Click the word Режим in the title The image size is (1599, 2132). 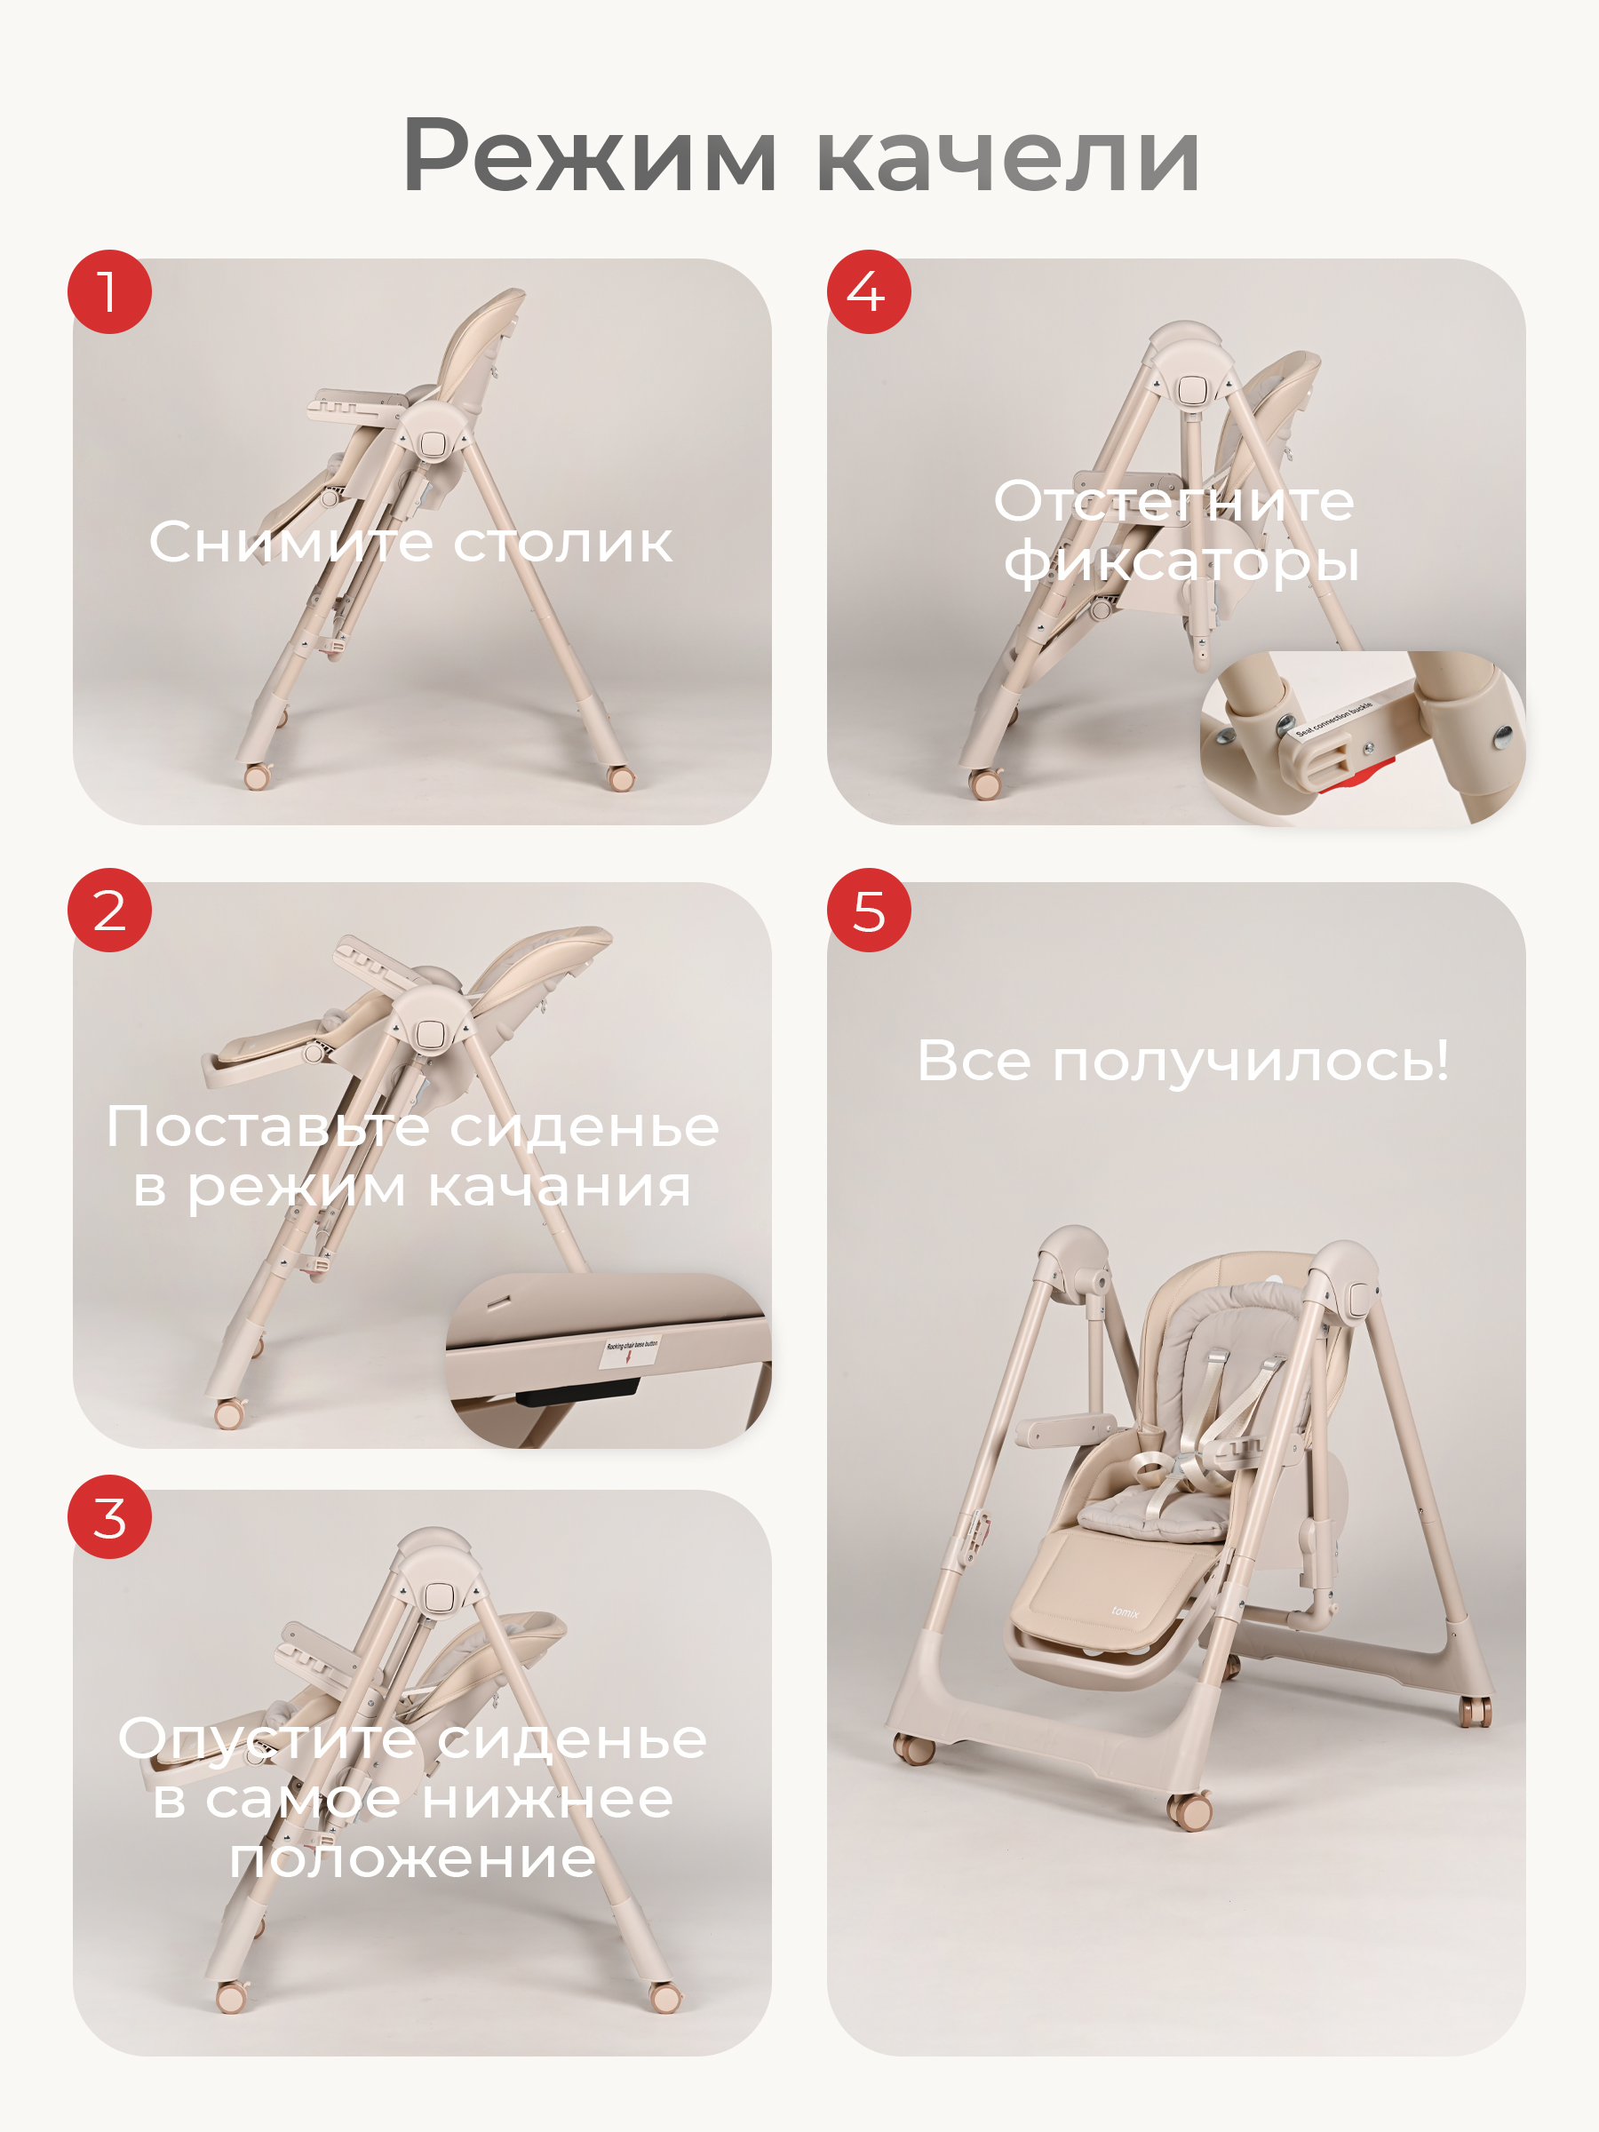click(x=588, y=157)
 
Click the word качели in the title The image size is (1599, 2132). click(x=1007, y=157)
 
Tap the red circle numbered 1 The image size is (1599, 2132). click(x=109, y=292)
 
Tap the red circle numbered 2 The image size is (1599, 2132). click(x=109, y=910)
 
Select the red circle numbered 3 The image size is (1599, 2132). click(x=109, y=1516)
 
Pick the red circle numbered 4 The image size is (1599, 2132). click(x=869, y=292)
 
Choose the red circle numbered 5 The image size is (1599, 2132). click(x=869, y=910)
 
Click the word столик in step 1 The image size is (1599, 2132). click(x=562, y=542)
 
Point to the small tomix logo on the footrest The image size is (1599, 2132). click(x=1125, y=1611)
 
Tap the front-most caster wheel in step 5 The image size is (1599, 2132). click(x=1191, y=1812)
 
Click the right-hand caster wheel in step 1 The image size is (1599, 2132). click(x=621, y=777)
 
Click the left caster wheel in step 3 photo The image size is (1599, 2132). click(x=231, y=1998)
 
